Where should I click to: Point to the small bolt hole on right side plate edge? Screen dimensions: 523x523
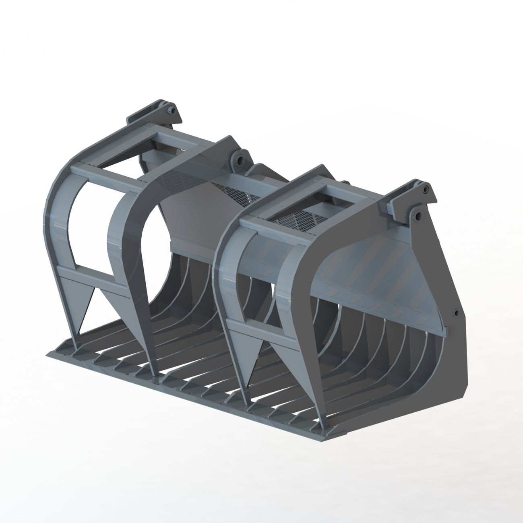(x=455, y=313)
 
